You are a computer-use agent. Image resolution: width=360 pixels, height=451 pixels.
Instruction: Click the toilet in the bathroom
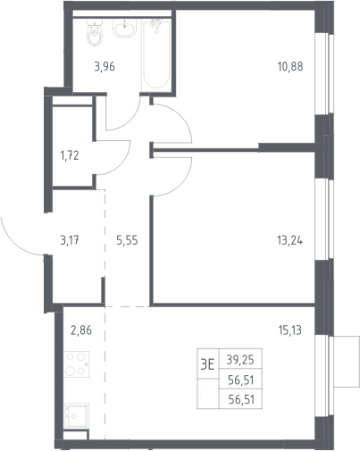point(95,32)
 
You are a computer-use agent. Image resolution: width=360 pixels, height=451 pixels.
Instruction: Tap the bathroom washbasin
point(125,28)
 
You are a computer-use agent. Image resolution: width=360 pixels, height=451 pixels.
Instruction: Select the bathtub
point(156,54)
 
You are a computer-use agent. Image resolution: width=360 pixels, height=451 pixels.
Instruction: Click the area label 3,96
point(105,67)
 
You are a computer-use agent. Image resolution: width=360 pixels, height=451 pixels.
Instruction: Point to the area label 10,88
point(290,66)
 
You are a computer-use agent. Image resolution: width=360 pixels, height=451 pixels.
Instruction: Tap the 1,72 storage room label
point(70,155)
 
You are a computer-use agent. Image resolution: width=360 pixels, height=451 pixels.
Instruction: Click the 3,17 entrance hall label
point(70,240)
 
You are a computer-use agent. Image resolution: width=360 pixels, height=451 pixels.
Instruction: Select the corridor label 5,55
point(127,240)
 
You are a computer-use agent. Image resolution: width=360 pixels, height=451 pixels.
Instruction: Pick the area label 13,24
point(290,240)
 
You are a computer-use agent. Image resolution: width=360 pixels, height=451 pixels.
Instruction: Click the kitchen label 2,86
point(81,330)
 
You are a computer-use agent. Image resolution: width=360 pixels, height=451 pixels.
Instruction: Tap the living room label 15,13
point(290,330)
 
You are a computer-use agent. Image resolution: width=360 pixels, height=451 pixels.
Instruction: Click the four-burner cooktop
point(76,364)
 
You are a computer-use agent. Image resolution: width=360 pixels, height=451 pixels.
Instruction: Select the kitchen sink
point(76,416)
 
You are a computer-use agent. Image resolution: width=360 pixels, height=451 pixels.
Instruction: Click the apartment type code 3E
point(207,364)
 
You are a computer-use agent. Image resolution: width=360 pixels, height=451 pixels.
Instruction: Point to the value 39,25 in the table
point(240,360)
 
